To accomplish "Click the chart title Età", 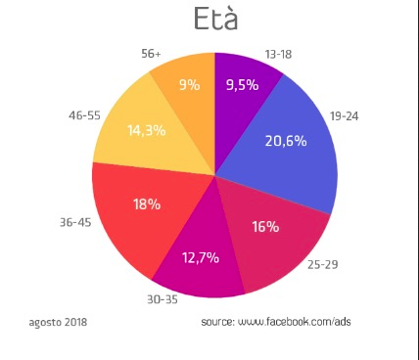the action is (x=215, y=19).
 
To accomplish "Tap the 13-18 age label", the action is (x=278, y=54).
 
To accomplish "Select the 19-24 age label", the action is (x=344, y=116).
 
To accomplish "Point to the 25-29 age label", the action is (x=322, y=264).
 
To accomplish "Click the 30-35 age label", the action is (x=163, y=299).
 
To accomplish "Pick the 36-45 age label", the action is (x=75, y=222).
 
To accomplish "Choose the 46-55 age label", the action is (x=84, y=115).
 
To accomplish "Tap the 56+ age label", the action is (x=151, y=54).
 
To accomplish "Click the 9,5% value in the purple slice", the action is (x=243, y=85).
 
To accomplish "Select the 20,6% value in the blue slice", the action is (x=286, y=141).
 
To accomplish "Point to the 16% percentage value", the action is (x=265, y=227).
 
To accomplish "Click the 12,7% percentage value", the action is (x=201, y=258).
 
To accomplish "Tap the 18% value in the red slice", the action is (x=147, y=204).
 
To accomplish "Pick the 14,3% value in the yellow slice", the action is (x=147, y=130).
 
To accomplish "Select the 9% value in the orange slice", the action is (x=190, y=85).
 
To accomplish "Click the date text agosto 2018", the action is (x=58, y=322).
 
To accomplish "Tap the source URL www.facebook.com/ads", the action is (x=295, y=322).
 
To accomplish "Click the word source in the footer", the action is (x=218, y=322).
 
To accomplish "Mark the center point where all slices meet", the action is (x=215, y=175).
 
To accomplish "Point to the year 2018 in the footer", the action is (x=75, y=322).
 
